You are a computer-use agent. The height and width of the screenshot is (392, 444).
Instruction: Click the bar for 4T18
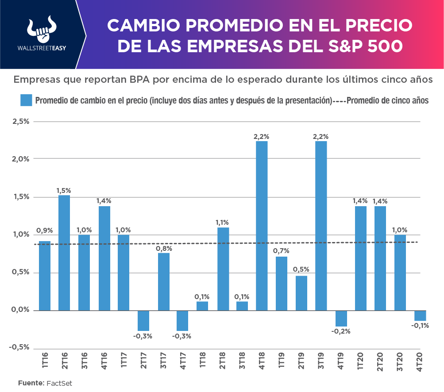[x=262, y=226]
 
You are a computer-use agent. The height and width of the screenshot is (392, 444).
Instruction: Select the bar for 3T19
[x=321, y=226]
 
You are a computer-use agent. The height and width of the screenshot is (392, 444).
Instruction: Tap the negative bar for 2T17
[x=143, y=320]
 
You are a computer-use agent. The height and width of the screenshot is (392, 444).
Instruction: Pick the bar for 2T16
[x=64, y=253]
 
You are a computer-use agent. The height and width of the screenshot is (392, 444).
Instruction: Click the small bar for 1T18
[x=202, y=306]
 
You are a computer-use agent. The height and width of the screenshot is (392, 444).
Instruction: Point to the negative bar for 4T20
[x=420, y=315]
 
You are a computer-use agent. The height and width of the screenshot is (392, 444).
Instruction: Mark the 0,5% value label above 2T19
[x=301, y=269]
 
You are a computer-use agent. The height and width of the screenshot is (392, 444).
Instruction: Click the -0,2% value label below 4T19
[x=340, y=331]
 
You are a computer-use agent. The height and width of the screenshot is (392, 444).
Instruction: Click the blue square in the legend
[x=26, y=100]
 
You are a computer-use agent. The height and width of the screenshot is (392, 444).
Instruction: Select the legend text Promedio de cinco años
[x=388, y=100]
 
